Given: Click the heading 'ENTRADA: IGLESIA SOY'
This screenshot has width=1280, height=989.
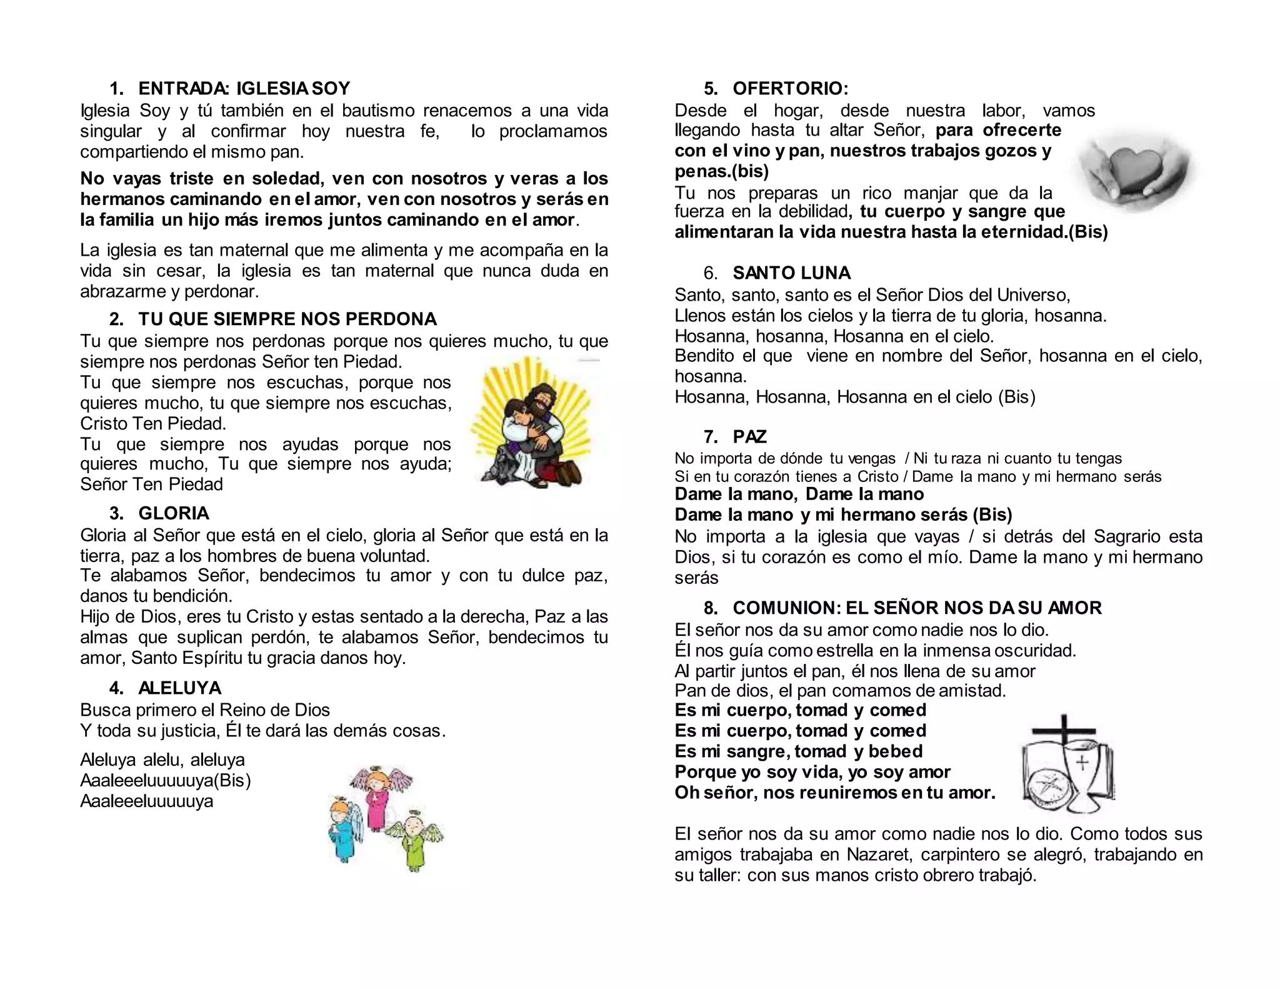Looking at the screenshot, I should [244, 88].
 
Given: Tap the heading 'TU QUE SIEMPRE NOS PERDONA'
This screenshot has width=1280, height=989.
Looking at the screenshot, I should [287, 319].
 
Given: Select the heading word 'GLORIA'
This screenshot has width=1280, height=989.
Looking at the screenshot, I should [174, 513].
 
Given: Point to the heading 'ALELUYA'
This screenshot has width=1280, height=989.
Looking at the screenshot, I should [180, 688].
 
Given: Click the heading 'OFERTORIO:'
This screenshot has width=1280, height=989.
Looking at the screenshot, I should [791, 88].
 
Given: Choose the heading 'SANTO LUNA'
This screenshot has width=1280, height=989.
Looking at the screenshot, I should [791, 273].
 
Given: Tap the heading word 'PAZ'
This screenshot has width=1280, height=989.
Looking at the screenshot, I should [749, 436].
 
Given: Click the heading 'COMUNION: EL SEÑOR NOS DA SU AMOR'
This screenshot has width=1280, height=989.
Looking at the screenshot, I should [917, 608].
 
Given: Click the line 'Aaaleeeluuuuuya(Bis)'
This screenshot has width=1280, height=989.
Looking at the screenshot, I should [165, 780].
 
